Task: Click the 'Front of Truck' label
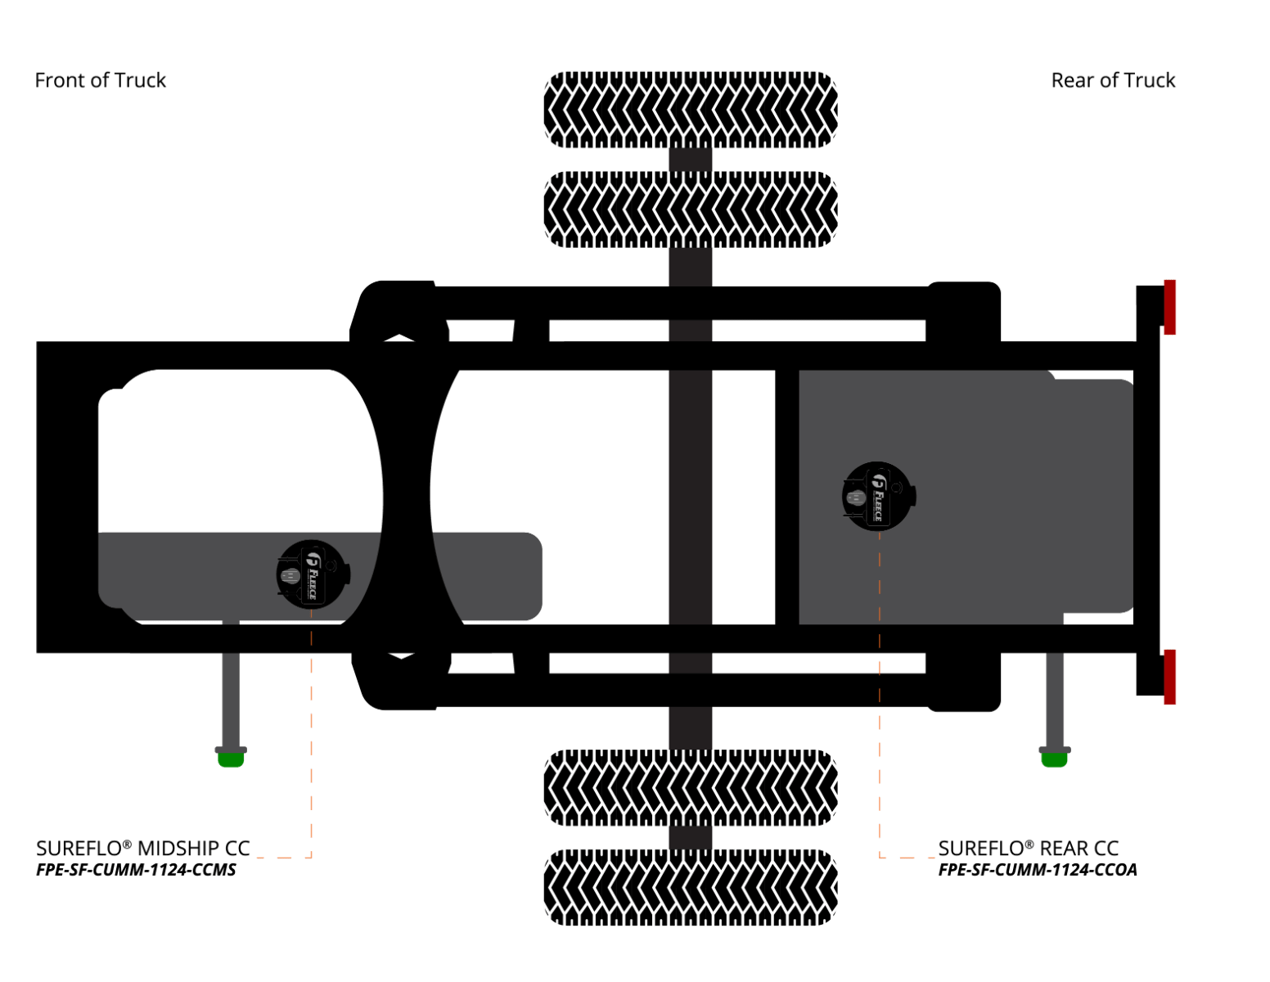pyautogui.click(x=100, y=80)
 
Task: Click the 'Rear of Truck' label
pyautogui.click(x=1112, y=80)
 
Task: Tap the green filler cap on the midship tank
pyautogui.click(x=230, y=759)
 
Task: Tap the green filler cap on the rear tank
pyautogui.click(x=1054, y=759)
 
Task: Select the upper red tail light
pyautogui.click(x=1169, y=307)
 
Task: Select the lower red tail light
pyautogui.click(x=1169, y=676)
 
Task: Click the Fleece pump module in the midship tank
pyautogui.click(x=312, y=574)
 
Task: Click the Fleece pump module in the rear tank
pyautogui.click(x=878, y=495)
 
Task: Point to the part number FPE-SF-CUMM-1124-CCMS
pyautogui.click(x=136, y=869)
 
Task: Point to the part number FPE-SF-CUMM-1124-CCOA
pyautogui.click(x=1037, y=869)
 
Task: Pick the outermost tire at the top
pyautogui.click(x=690, y=109)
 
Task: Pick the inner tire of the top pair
pyautogui.click(x=690, y=209)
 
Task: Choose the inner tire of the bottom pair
pyautogui.click(x=690, y=787)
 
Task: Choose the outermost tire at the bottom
pyautogui.click(x=690, y=886)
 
